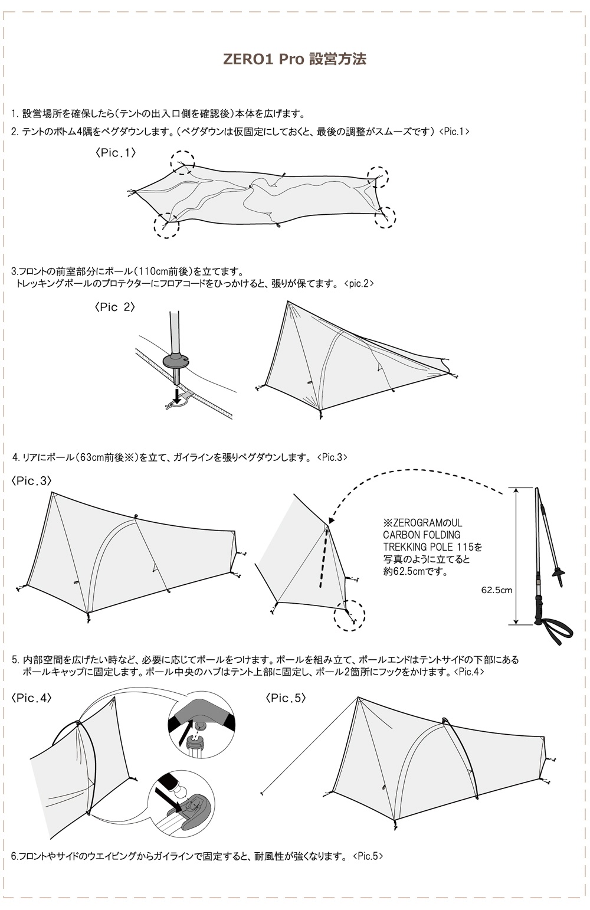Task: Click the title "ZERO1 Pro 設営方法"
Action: (x=294, y=60)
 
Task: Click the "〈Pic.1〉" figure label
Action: (x=116, y=152)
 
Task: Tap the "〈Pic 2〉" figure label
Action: (x=114, y=307)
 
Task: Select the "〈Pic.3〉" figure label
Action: (x=31, y=481)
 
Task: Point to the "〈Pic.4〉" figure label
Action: (x=31, y=698)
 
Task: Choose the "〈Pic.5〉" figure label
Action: (x=286, y=698)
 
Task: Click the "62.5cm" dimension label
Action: (x=496, y=590)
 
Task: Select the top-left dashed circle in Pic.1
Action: (x=182, y=161)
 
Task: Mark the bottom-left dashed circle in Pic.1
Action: (x=166, y=226)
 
